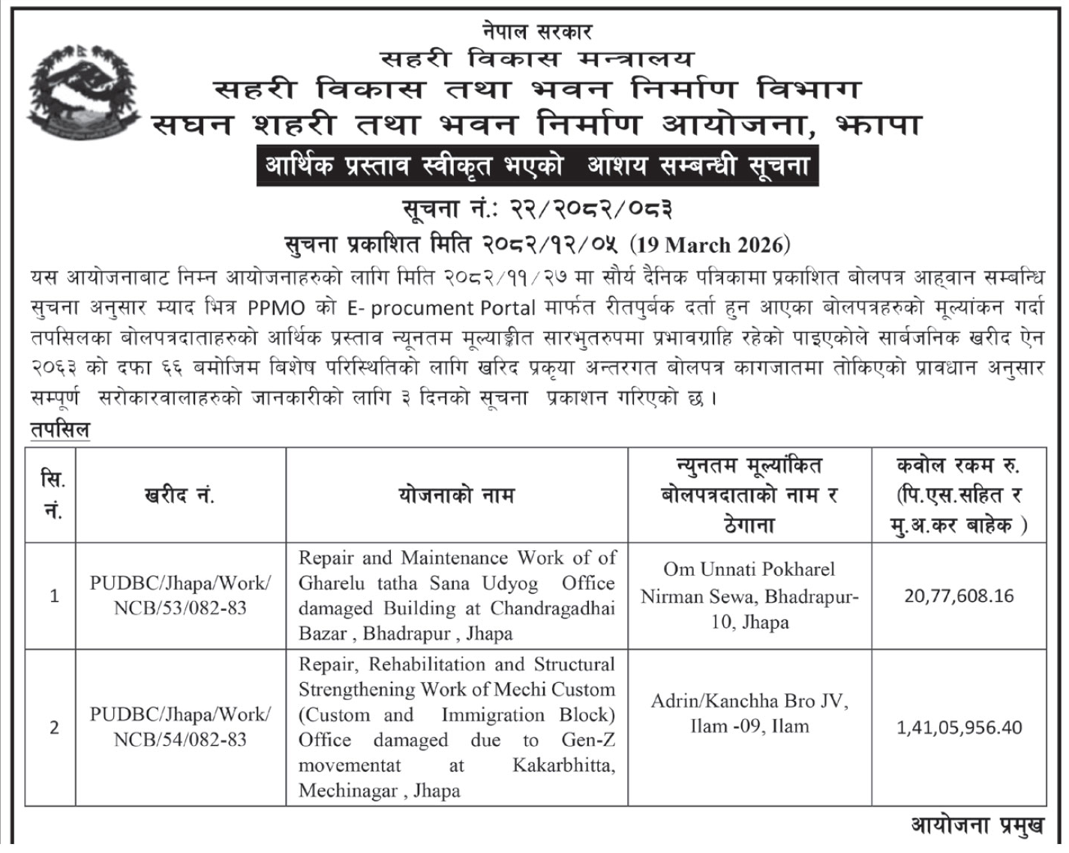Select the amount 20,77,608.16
click(959, 596)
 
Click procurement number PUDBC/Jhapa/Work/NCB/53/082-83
click(180, 596)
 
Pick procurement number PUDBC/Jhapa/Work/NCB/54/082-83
click(180, 727)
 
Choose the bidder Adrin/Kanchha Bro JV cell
click(749, 714)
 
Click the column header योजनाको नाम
click(456, 495)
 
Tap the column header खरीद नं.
click(180, 495)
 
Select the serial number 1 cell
click(54, 597)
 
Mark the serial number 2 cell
click(54, 728)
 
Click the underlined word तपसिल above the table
click(60, 430)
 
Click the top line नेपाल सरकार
click(537, 31)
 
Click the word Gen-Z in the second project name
click(588, 741)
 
